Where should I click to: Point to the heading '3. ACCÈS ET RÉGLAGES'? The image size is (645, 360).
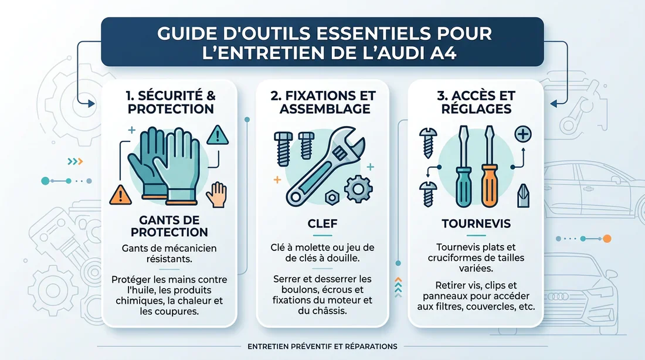[x=474, y=101]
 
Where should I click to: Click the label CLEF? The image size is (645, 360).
[x=322, y=223]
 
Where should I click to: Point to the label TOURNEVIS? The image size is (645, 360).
[x=475, y=223]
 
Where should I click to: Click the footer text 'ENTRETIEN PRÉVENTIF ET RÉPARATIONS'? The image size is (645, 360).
[x=322, y=347]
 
